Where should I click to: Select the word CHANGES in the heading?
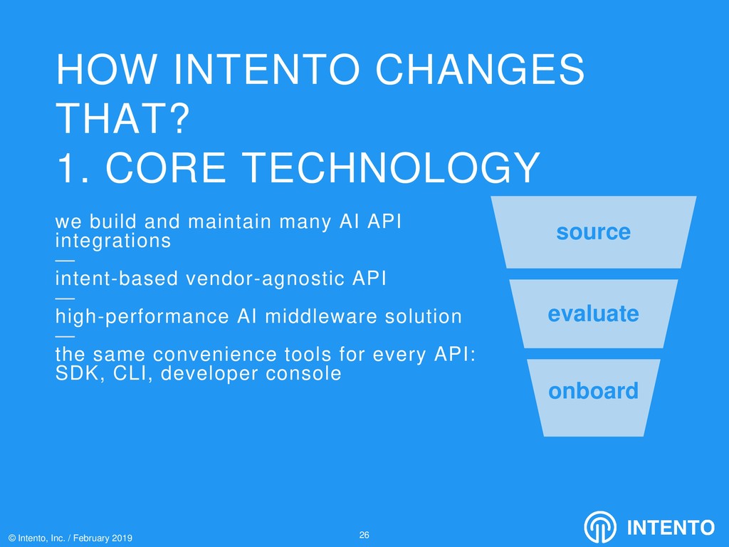pos(480,69)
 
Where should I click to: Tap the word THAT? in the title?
pos(123,119)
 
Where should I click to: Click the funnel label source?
pos(593,231)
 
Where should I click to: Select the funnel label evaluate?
pos(593,313)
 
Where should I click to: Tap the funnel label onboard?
pos(593,391)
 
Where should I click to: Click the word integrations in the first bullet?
pos(113,241)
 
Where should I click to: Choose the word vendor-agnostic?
pos(265,278)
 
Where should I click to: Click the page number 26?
pos(364,535)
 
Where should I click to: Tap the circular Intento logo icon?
pos(600,528)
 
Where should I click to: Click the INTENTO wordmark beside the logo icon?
pos(671,528)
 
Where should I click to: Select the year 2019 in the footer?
pos(122,538)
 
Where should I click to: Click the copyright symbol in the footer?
pos(12,538)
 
